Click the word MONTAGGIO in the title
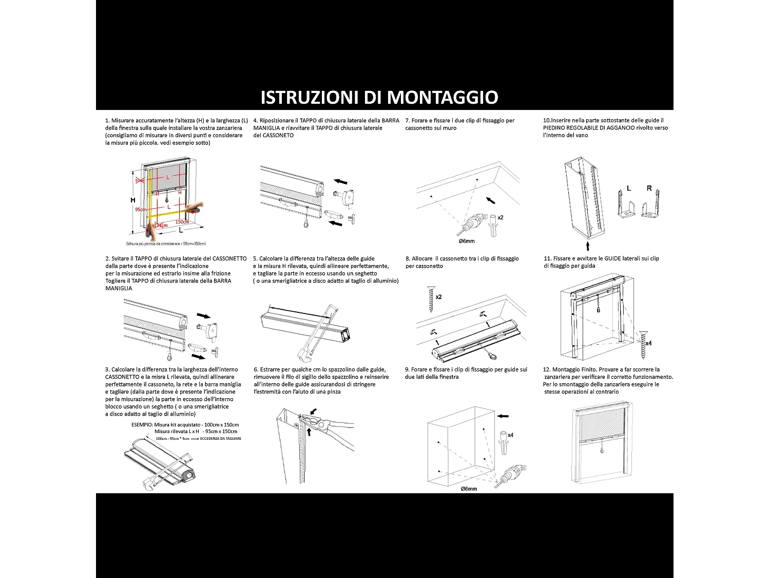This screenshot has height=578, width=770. (442, 97)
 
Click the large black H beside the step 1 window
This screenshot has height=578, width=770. (133, 200)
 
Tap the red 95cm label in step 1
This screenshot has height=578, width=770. (140, 210)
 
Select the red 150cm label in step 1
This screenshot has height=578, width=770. (182, 222)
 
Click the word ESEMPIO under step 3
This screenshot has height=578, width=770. (142, 425)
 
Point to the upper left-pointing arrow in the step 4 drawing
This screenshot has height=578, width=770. (340, 181)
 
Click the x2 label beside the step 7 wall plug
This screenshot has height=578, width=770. (500, 217)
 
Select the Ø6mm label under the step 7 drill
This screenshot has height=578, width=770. (467, 241)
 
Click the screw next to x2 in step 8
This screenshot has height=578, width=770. (430, 299)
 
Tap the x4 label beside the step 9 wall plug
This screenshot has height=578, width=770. (510, 435)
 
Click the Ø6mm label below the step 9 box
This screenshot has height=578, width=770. (469, 489)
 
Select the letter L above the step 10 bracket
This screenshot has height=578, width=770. (629, 189)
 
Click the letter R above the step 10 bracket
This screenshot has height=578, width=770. (649, 189)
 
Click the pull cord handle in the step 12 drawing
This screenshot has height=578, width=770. (602, 451)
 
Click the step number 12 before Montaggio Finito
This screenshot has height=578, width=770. (546, 369)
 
